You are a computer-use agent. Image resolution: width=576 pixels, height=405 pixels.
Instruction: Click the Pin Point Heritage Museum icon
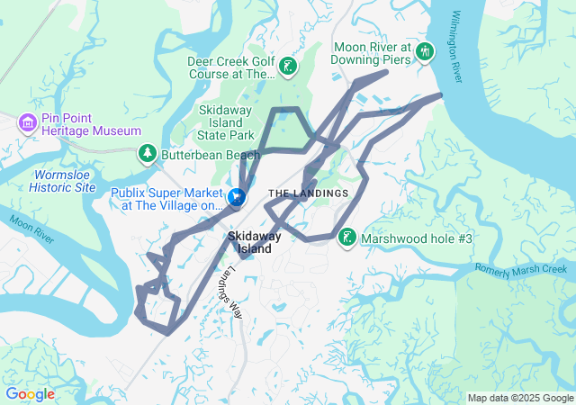[x=28, y=121]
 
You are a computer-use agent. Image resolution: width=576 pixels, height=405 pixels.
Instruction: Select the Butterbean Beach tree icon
[x=147, y=155]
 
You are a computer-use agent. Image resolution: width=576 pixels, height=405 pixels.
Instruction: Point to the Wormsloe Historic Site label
[x=62, y=181]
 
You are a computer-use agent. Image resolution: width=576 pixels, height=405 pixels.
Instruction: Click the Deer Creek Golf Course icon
[x=287, y=66]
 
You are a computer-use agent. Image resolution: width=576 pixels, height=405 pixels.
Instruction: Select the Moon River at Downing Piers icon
[x=425, y=54]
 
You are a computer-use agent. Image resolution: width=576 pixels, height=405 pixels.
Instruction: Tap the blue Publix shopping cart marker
[x=237, y=195]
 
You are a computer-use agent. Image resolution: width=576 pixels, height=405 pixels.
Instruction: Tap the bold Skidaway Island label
[x=254, y=242]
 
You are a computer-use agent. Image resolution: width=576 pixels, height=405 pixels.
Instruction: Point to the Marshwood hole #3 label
[x=417, y=239]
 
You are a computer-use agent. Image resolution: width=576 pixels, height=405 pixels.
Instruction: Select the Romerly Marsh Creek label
[x=523, y=268]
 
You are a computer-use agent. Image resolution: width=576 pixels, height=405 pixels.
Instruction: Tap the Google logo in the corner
[x=30, y=394]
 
